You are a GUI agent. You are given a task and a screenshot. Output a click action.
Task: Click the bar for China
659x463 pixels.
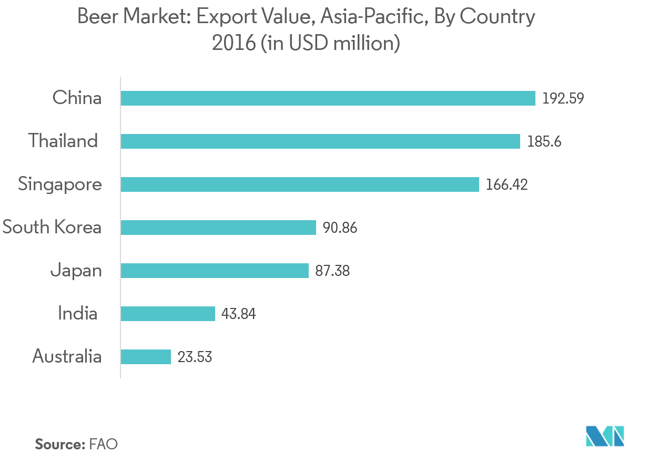(x=328, y=98)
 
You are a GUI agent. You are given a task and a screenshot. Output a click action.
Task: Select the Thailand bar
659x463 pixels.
(x=320, y=141)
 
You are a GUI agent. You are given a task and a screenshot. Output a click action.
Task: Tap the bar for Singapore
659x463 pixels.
(x=300, y=184)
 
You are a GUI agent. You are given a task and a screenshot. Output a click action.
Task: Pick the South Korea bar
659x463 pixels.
(x=218, y=228)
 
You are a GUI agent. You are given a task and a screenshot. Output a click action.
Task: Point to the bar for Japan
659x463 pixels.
(x=215, y=271)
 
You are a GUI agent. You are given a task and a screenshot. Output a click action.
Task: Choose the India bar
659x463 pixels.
(x=168, y=314)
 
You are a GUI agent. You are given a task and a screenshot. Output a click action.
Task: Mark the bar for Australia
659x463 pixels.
(x=146, y=357)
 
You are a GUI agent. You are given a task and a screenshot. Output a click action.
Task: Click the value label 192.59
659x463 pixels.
(x=563, y=99)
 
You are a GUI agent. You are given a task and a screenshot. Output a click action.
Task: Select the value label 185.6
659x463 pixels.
(x=544, y=142)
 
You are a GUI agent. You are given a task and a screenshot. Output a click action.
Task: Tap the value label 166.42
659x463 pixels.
(x=507, y=185)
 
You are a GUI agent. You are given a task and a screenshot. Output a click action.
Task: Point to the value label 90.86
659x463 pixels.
(x=340, y=228)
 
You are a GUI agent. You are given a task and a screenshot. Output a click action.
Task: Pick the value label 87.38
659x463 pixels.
(x=332, y=271)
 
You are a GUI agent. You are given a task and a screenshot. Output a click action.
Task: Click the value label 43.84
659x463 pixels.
(x=239, y=314)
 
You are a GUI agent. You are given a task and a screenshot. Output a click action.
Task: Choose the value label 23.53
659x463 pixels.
(x=195, y=357)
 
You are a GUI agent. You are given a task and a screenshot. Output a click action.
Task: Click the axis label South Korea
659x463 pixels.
(x=52, y=228)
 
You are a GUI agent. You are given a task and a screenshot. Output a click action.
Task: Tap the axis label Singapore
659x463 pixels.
(x=60, y=185)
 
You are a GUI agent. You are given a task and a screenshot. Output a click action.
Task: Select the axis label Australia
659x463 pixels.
(x=67, y=357)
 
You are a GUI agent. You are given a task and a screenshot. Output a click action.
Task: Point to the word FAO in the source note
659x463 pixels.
(x=104, y=444)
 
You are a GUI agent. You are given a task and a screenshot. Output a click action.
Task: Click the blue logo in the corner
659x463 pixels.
(x=605, y=436)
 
